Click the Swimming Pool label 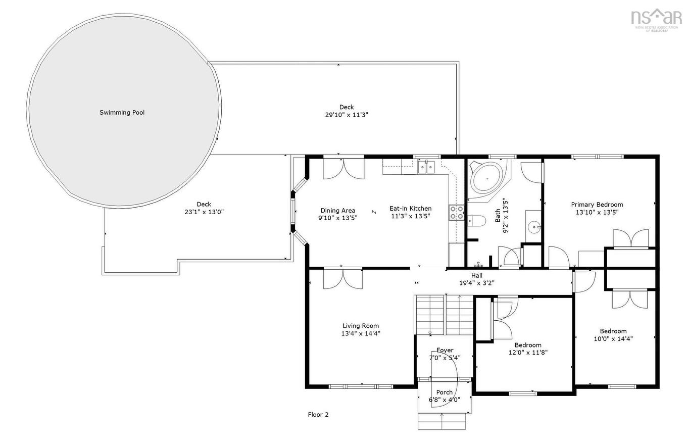click(x=122, y=113)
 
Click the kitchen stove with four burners click(x=457, y=213)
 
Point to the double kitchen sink click(x=426, y=167)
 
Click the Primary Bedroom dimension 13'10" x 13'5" click(x=597, y=212)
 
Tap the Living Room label click(x=360, y=326)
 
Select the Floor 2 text click(x=318, y=415)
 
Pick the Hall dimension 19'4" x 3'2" click(x=477, y=283)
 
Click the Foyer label click(x=445, y=350)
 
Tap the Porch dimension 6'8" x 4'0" click(x=445, y=400)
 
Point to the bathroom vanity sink click(x=533, y=227)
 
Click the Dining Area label click(x=337, y=211)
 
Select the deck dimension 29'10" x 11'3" click(x=346, y=115)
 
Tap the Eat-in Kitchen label click(x=410, y=208)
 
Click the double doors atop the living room click(x=343, y=278)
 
